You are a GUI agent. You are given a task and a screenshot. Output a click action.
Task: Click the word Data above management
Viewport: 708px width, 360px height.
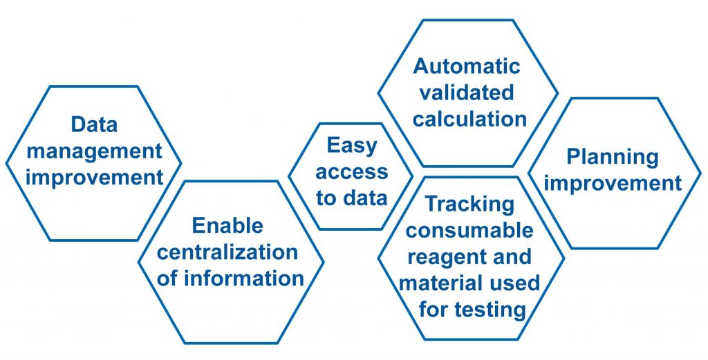(x=94, y=125)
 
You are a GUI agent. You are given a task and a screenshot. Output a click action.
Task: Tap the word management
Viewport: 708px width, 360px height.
(x=94, y=151)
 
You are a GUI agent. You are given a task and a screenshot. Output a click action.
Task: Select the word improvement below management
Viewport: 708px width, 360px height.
(x=94, y=176)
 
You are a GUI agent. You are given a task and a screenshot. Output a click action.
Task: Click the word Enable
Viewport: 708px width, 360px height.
(x=227, y=225)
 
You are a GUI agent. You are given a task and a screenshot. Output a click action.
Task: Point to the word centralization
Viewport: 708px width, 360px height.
(x=227, y=252)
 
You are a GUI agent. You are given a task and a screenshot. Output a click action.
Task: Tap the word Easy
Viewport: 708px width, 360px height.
(x=352, y=146)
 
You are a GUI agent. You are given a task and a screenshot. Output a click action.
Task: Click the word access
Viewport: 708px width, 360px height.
(x=352, y=172)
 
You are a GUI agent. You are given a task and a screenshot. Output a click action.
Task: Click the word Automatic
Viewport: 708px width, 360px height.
(x=467, y=66)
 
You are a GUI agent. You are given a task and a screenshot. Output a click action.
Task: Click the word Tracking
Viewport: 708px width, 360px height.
(x=469, y=204)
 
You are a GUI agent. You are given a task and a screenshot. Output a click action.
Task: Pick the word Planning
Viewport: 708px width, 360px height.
(x=603, y=157)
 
